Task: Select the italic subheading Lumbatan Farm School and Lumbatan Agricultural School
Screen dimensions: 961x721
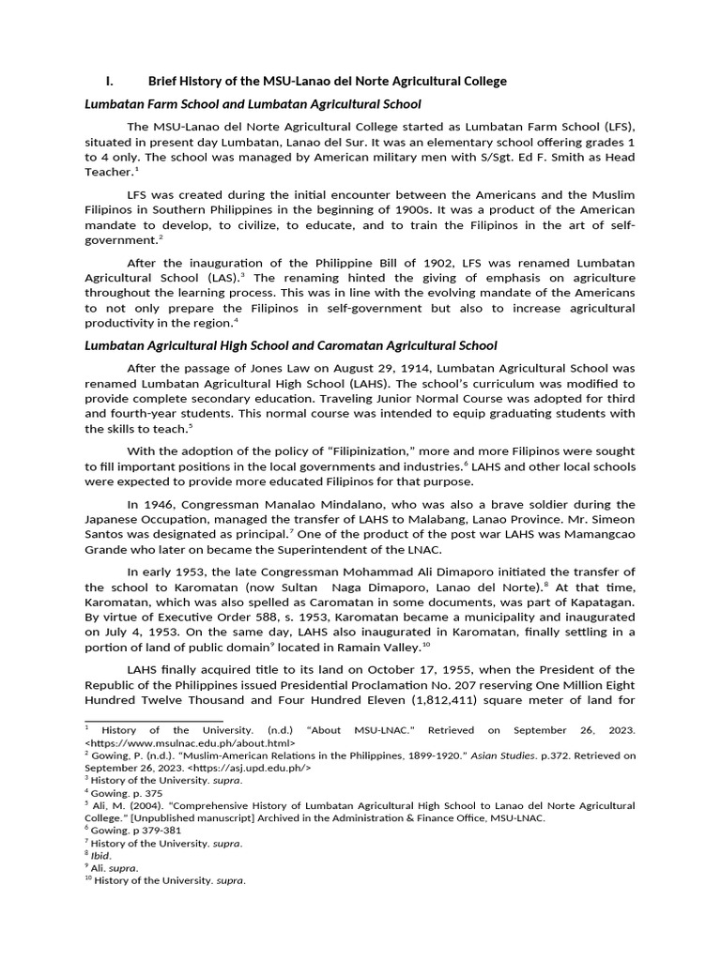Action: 253,103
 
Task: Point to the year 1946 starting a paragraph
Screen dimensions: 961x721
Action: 163,504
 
